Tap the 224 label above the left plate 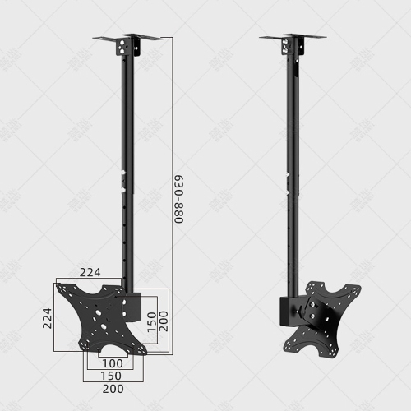(x=91, y=272)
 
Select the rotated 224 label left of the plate (x=47, y=318)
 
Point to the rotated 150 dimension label (x=150, y=321)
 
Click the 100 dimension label (x=113, y=363)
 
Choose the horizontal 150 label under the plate (x=113, y=376)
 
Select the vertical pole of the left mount (x=127, y=164)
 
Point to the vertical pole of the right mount (x=291, y=164)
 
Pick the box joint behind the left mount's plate (x=133, y=309)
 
